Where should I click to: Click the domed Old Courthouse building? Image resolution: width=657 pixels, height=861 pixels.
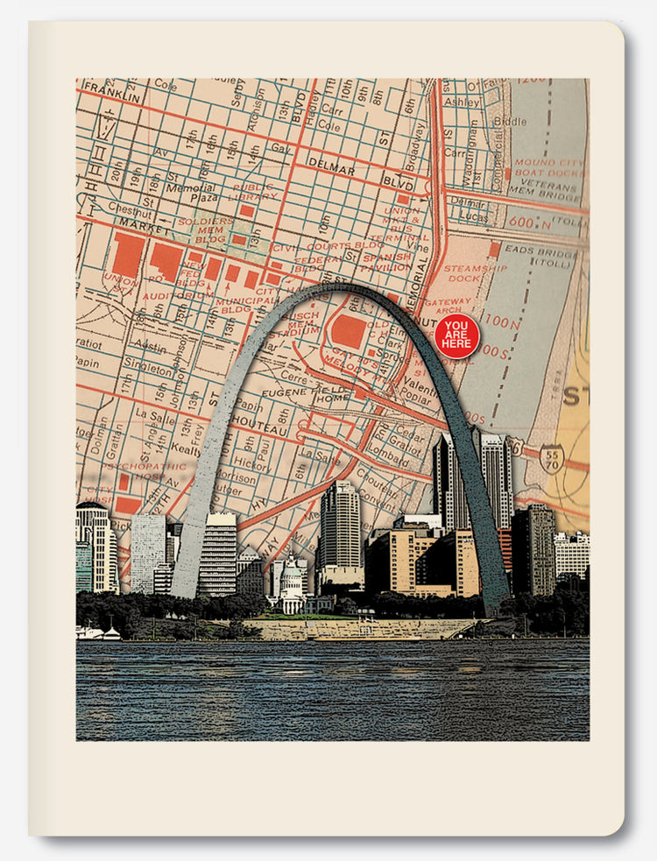tap(291, 586)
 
